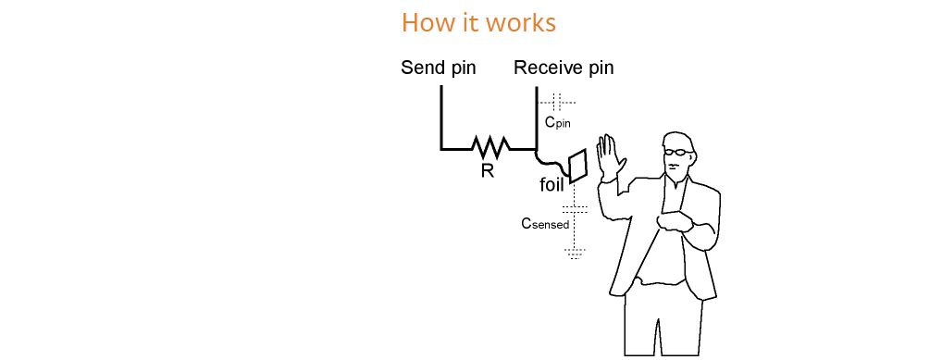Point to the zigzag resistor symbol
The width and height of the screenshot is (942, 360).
tap(490, 145)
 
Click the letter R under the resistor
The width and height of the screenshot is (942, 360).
tap(488, 171)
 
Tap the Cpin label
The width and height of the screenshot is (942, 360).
tap(557, 122)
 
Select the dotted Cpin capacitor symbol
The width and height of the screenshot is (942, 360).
tap(556, 103)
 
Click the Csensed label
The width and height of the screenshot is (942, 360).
tap(545, 224)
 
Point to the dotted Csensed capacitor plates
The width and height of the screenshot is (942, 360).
tap(575, 209)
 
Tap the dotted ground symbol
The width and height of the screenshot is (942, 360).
tap(575, 254)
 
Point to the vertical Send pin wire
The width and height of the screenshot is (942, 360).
tap(441, 117)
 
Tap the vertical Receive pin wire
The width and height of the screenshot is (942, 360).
tap(536, 118)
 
